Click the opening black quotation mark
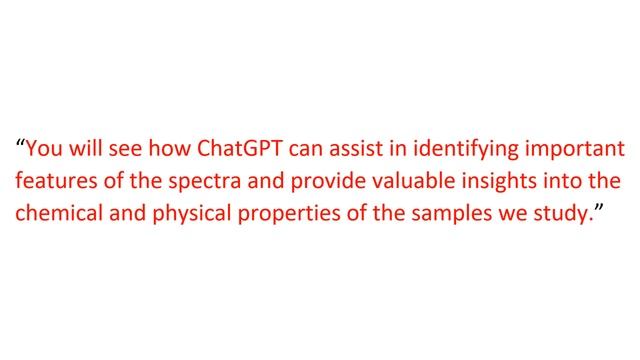[19, 143]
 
